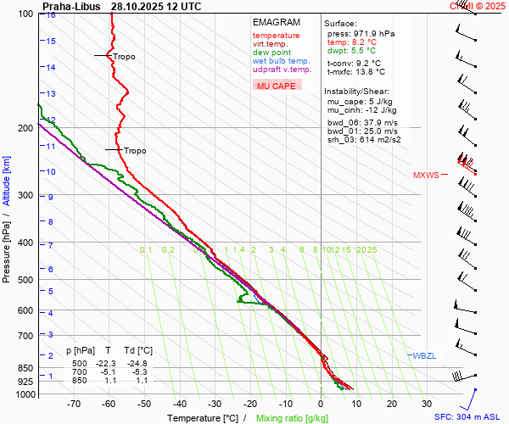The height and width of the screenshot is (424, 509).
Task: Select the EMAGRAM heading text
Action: tap(276, 22)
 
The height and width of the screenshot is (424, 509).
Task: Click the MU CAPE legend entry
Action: tap(276, 86)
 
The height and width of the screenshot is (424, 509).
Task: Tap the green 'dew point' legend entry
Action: tap(271, 53)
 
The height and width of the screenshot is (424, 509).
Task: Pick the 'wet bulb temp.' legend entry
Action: tap(281, 61)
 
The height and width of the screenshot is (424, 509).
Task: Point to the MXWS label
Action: tap(426, 176)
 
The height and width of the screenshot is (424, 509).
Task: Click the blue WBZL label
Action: tap(423, 355)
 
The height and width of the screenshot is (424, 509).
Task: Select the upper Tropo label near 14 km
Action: tap(124, 57)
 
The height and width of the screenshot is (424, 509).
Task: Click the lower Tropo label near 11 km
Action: tap(135, 151)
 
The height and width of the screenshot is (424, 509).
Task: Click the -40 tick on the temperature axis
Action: tap(179, 404)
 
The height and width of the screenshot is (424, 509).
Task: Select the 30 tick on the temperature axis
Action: tap(427, 404)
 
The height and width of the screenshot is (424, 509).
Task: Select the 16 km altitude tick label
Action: tap(51, 15)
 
